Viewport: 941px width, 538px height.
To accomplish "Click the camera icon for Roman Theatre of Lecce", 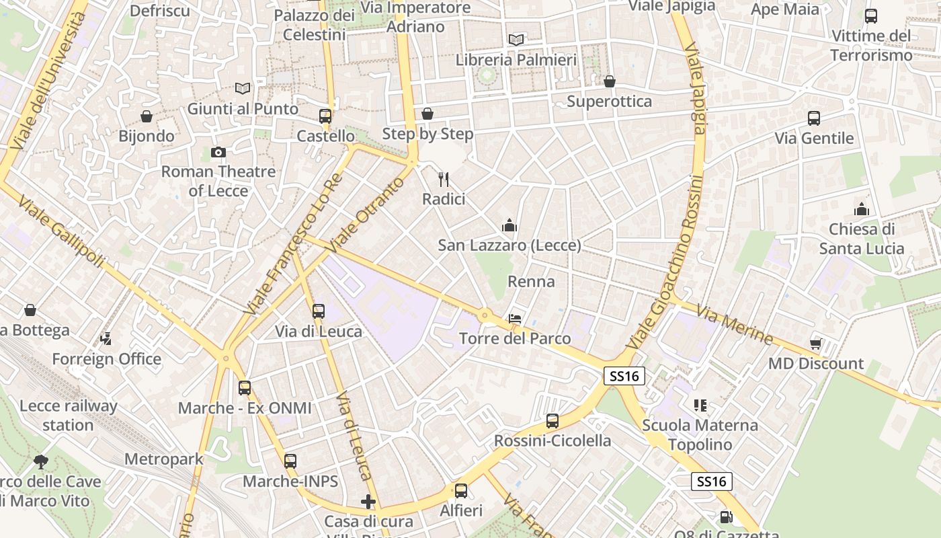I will pos(218,153).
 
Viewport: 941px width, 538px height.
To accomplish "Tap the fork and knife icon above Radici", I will pos(443,180).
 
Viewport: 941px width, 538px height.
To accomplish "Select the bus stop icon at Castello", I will pos(325,116).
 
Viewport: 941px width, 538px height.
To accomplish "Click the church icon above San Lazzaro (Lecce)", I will pos(509,225).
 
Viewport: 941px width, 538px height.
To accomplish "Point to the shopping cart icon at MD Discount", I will pos(816,344).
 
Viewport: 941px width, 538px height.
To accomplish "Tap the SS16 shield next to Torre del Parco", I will pos(624,376).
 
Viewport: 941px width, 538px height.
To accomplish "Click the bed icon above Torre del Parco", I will pos(515,319).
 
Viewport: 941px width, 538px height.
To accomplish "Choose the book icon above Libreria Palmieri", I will pos(516,40).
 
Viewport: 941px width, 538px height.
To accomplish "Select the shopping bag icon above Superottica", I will pos(609,81).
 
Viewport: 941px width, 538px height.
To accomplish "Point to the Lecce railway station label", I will pos(68,415).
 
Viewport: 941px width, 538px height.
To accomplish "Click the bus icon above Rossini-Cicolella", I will pos(552,421).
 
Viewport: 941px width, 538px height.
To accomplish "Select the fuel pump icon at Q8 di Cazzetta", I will pos(726,517).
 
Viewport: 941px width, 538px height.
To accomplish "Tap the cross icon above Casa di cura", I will pos(368,502).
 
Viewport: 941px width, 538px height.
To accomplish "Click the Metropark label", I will pos(163,460).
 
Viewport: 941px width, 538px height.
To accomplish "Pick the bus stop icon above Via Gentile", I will pos(814,118).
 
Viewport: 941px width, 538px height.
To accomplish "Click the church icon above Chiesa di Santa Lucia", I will pos(861,209).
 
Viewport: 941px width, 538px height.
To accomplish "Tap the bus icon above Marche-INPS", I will pos(290,461).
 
